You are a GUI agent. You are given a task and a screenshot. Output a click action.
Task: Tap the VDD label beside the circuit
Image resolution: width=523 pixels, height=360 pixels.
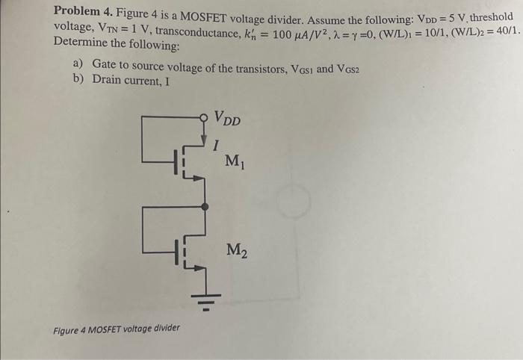(x=228, y=119)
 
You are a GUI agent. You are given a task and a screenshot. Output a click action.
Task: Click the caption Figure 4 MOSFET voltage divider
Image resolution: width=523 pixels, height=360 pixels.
(x=117, y=329)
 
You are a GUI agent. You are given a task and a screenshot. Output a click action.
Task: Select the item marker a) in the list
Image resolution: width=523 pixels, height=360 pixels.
(x=75, y=68)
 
